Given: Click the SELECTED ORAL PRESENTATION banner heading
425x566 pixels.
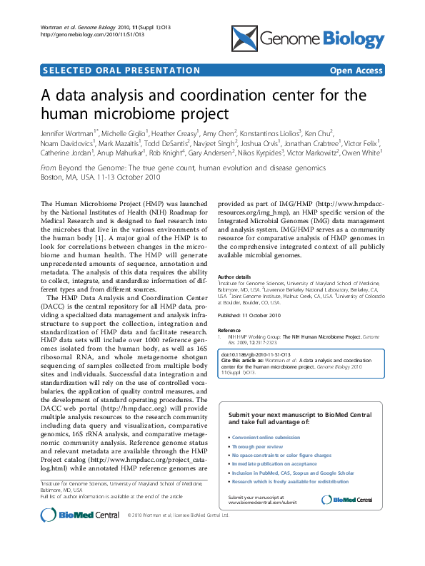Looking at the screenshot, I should [122, 71].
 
